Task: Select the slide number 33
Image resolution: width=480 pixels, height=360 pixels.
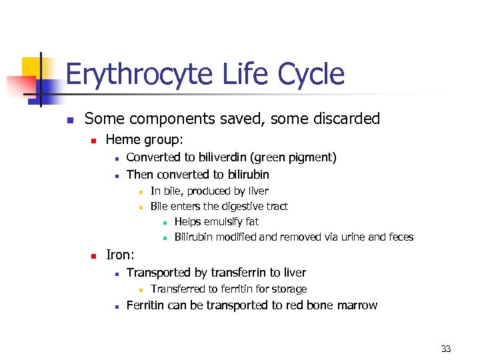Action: coord(446,348)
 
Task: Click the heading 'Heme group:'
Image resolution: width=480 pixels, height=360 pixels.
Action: coord(144,140)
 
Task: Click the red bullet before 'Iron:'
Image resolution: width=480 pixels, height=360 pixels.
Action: coord(93,255)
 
